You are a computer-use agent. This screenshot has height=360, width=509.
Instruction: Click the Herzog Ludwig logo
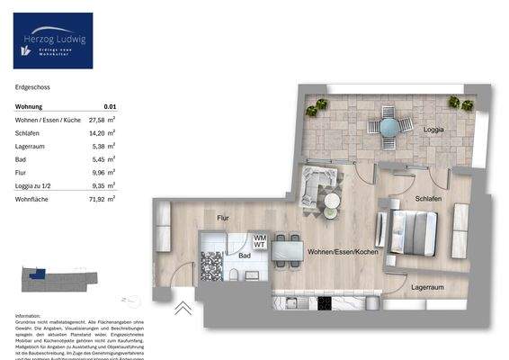pyautogui.click(x=53, y=40)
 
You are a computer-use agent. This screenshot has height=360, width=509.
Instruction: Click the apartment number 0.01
pyautogui.click(x=110, y=106)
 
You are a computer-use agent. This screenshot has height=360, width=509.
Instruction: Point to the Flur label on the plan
pyautogui.click(x=224, y=218)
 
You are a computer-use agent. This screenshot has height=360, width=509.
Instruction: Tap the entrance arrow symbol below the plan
pyautogui.click(x=183, y=308)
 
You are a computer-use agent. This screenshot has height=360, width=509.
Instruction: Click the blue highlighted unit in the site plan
pyautogui.click(x=37, y=275)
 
